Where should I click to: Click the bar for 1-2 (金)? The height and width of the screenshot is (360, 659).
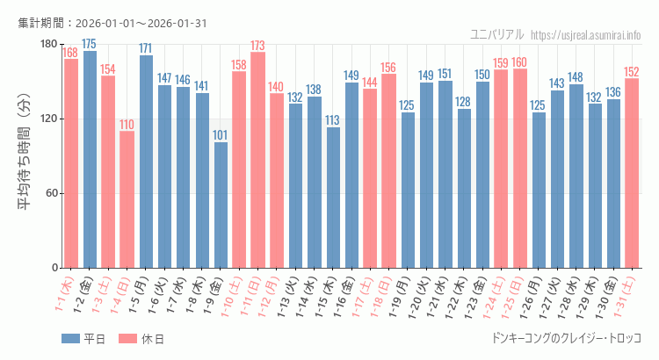tap(90, 159)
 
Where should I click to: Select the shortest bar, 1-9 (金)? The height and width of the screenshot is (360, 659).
tap(221, 205)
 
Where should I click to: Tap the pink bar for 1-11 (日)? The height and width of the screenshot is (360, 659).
tap(257, 160)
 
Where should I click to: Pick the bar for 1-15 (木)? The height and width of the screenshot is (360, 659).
tap(333, 198)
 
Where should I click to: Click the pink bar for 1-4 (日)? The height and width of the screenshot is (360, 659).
tap(127, 199)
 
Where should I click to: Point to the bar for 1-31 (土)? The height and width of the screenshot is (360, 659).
tap(632, 173)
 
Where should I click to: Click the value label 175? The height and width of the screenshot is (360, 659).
tap(90, 44)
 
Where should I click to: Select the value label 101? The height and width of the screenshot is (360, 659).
tap(221, 135)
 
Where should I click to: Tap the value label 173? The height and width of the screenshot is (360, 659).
tap(257, 46)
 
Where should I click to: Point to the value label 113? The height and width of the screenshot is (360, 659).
tap(333, 120)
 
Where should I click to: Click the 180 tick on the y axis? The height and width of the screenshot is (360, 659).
tap(48, 45)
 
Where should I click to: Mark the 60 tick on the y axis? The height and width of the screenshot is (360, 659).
tap(52, 193)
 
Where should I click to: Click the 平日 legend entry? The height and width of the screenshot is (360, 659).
tap(83, 338)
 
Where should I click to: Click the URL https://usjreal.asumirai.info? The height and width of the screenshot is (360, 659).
tap(586, 34)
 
